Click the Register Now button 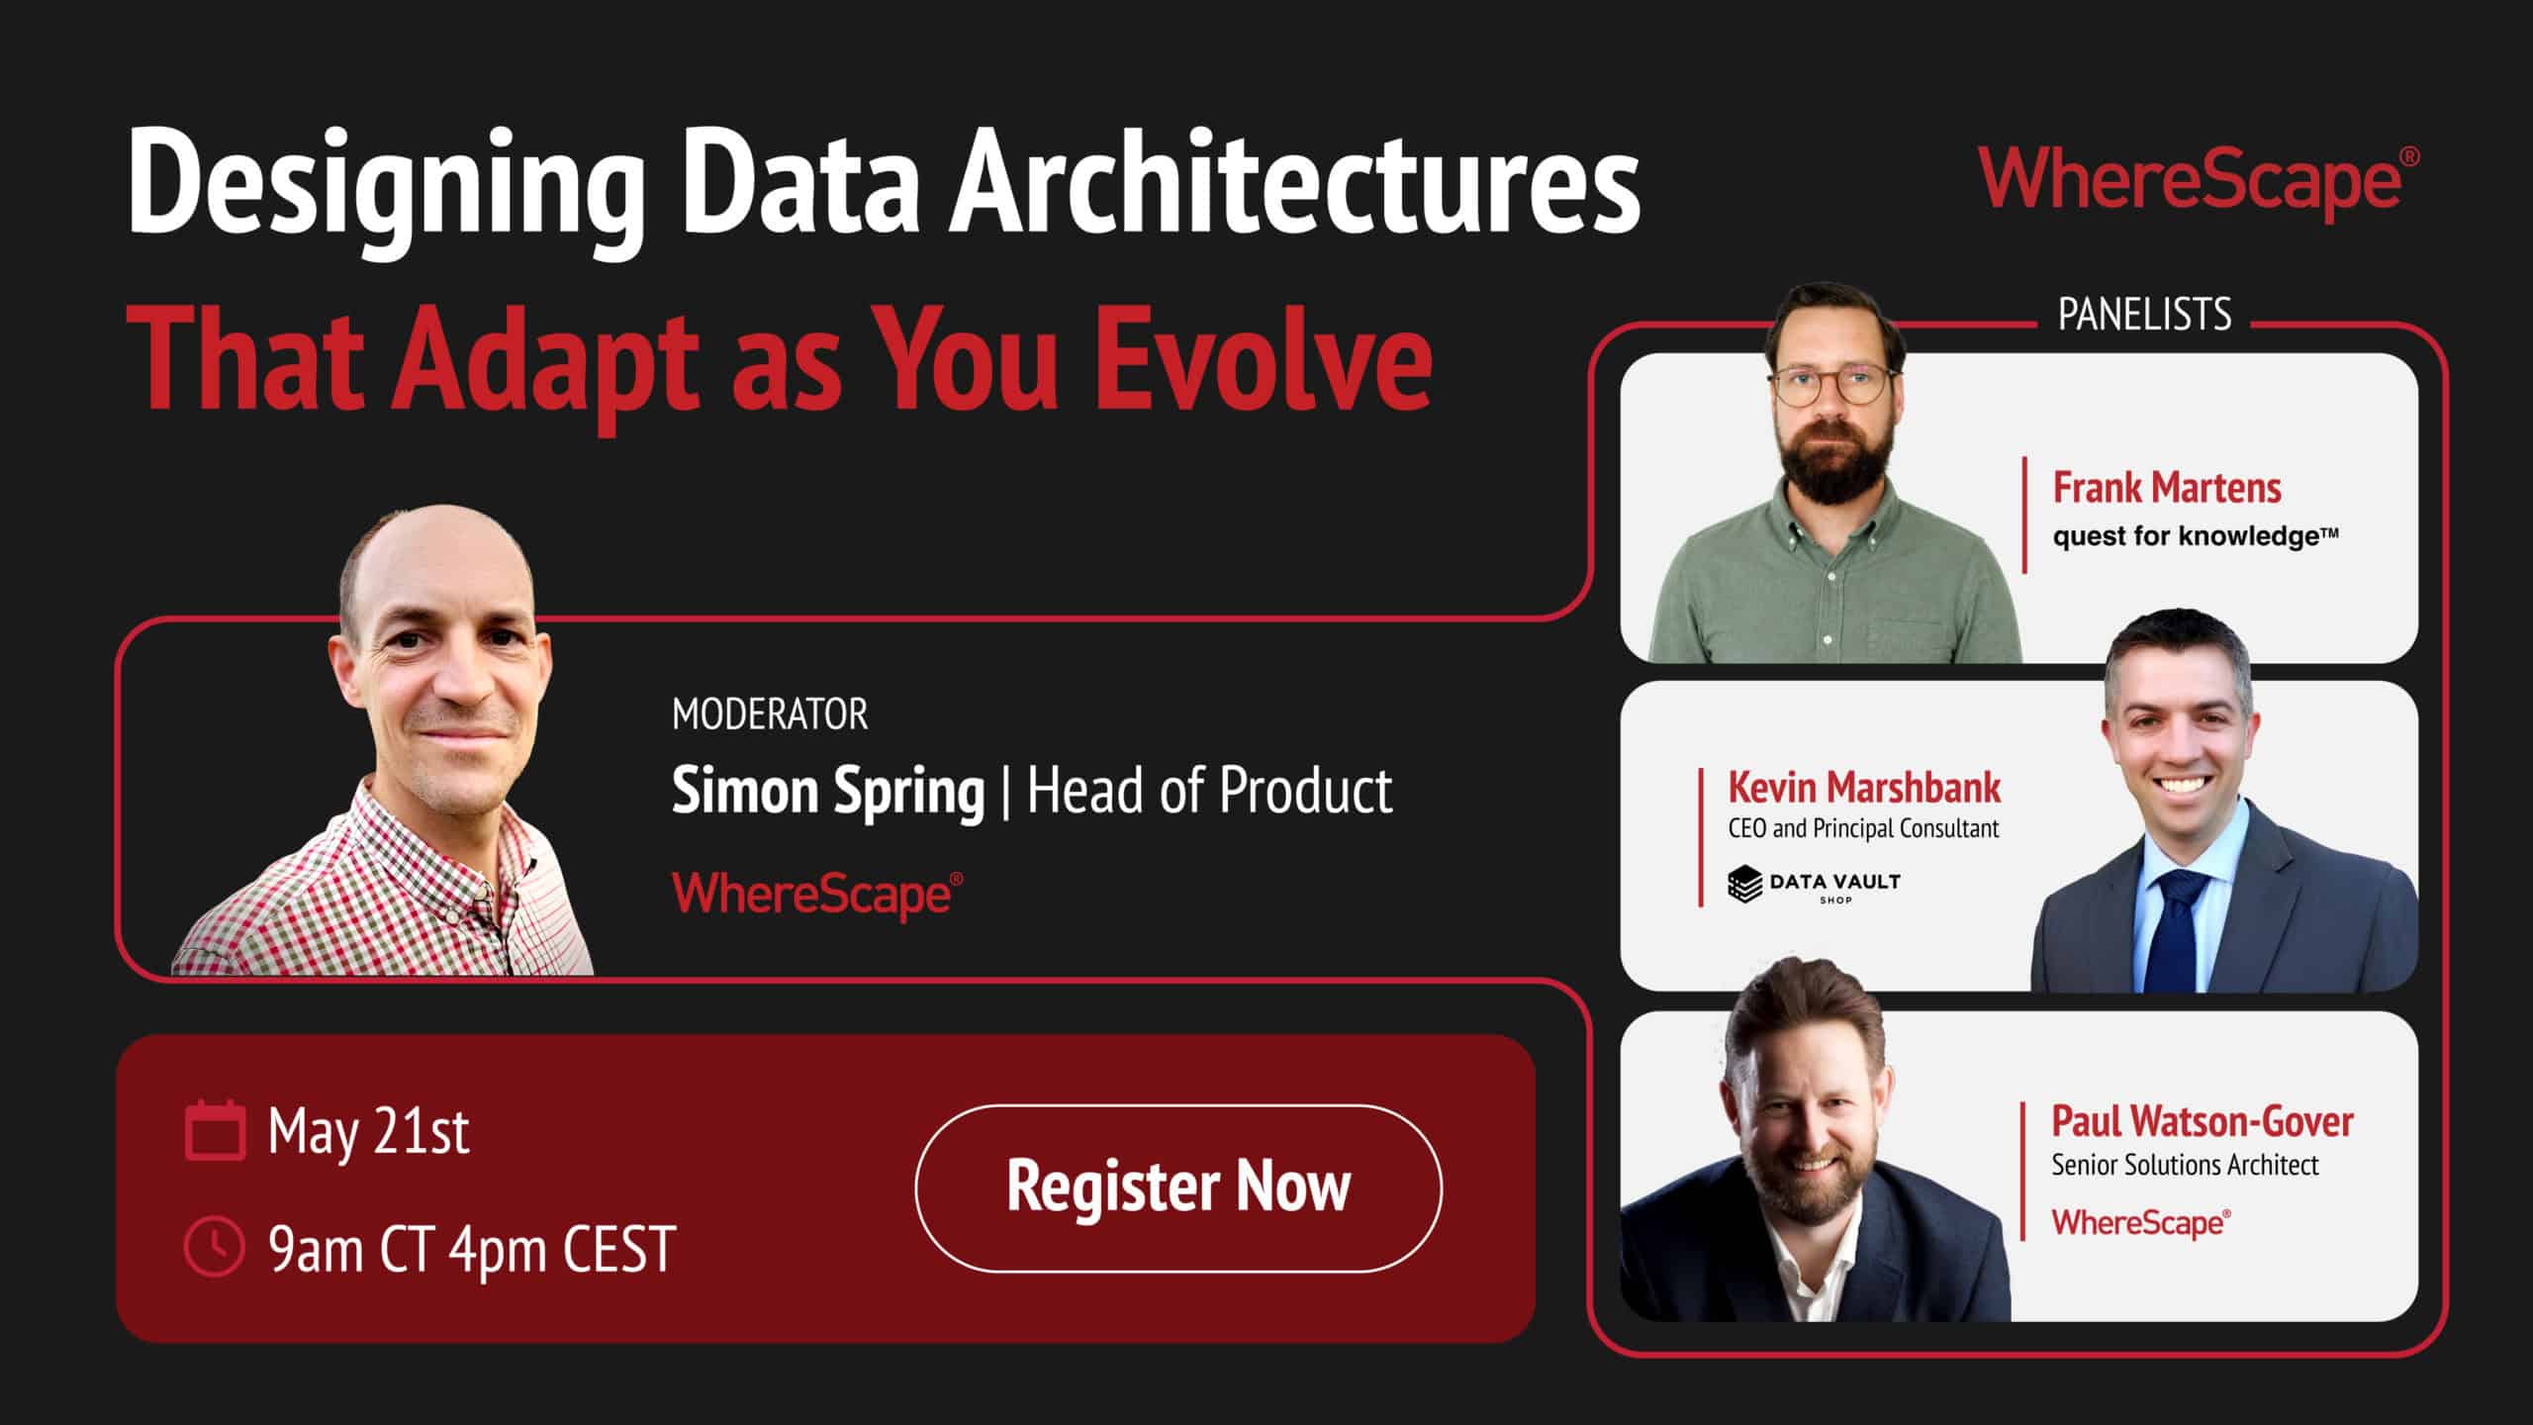(1177, 1187)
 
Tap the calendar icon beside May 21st (215, 1130)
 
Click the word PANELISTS (2144, 316)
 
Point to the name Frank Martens (2167, 488)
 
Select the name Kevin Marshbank (1864, 788)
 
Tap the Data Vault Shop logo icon (1744, 884)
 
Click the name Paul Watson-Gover (2202, 1121)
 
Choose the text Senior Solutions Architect (2185, 1166)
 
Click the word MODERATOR (769, 714)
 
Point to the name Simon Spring (828, 792)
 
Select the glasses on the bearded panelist (1832, 384)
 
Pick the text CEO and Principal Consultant (1863, 828)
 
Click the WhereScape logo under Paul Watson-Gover (2140, 1223)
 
